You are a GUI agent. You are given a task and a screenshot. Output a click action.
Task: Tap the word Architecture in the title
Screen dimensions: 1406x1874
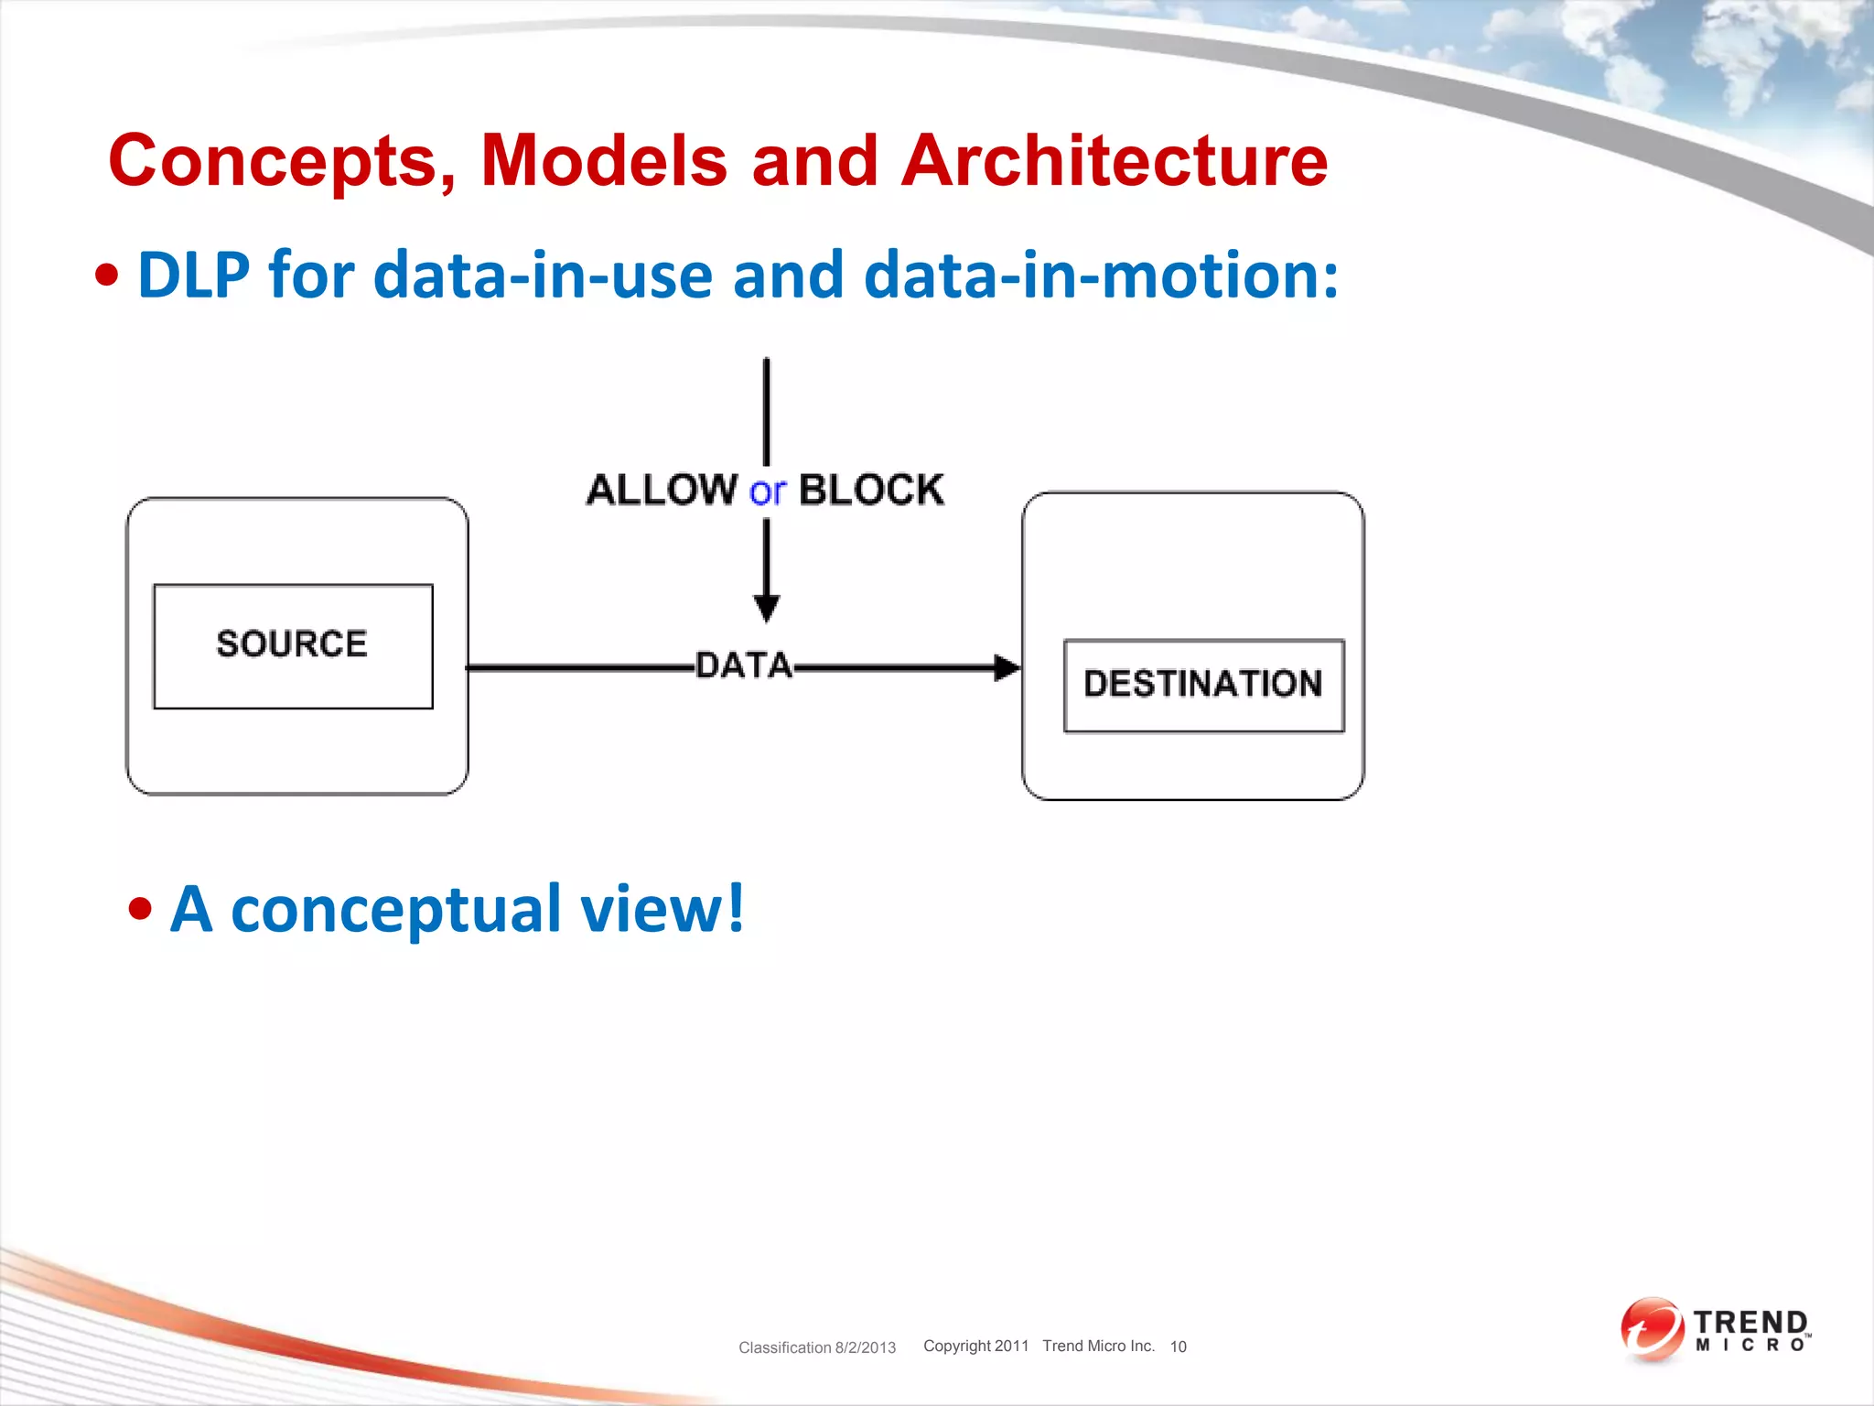click(1114, 161)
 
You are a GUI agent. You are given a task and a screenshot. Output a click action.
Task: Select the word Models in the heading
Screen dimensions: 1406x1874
click(603, 161)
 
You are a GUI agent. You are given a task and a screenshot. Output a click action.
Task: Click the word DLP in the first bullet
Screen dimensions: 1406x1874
click(193, 275)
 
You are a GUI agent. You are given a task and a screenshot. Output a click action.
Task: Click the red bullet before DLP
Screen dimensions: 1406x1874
click(107, 275)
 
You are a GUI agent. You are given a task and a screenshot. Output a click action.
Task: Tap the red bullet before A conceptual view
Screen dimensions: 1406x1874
click(140, 909)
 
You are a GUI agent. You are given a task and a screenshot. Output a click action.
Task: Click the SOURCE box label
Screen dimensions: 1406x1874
click(292, 644)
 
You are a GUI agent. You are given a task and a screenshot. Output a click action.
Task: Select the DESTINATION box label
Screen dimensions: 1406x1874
click(1202, 684)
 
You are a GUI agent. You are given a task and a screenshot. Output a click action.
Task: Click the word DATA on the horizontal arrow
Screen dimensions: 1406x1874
click(743, 665)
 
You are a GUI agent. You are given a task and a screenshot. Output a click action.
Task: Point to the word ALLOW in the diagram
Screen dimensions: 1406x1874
click(662, 490)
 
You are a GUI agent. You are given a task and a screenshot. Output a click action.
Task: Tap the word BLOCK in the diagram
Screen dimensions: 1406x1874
click(871, 490)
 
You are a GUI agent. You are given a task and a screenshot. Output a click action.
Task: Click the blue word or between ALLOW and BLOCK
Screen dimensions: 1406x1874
click(767, 492)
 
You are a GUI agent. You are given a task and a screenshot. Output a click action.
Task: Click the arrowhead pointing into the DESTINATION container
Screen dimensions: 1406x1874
click(1007, 667)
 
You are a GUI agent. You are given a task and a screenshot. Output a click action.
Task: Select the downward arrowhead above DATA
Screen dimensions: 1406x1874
click(767, 608)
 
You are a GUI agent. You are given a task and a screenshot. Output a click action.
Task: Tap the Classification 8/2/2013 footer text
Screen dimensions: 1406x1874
click(817, 1347)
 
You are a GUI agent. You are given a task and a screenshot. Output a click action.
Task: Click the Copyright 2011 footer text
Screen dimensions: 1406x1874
click(975, 1346)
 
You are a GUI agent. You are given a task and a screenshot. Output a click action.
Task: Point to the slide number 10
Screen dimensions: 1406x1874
click(1178, 1347)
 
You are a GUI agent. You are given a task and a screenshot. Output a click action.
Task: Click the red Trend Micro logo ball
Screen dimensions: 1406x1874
click(1652, 1328)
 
